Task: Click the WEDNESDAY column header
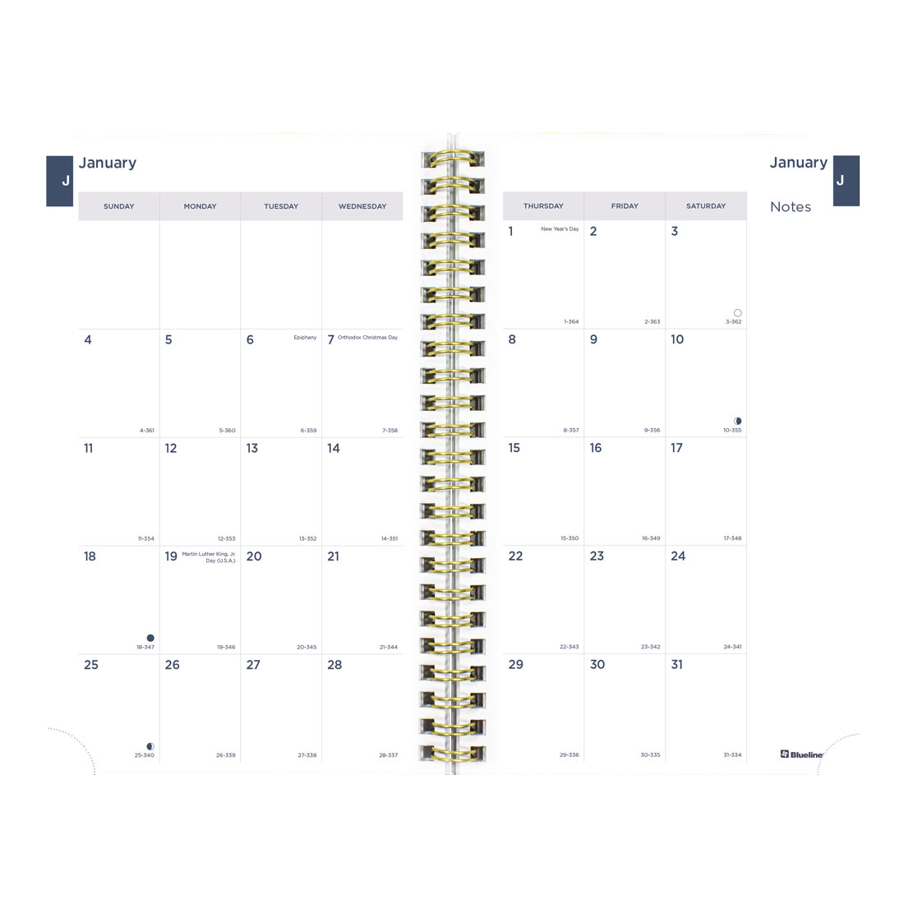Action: [x=362, y=206]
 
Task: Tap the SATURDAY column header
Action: [x=706, y=206]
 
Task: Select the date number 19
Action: [x=171, y=556]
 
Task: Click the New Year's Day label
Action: [x=560, y=229]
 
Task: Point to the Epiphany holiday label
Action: [x=305, y=338]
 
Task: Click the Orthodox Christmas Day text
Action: [x=367, y=338]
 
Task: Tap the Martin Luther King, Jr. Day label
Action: [x=209, y=557]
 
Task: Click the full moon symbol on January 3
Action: [x=737, y=313]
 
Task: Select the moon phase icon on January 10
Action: [x=737, y=421]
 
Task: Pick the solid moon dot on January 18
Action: [x=150, y=638]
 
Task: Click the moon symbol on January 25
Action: [x=150, y=746]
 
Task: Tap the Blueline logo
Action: [x=800, y=754]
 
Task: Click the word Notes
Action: [x=791, y=207]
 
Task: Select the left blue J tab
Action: [x=60, y=181]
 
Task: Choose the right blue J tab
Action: [x=846, y=181]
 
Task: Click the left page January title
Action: [x=108, y=163]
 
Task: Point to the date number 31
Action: [x=676, y=665]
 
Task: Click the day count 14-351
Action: [x=390, y=539]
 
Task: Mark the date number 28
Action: [x=334, y=665]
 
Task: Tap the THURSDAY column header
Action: [x=543, y=206]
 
